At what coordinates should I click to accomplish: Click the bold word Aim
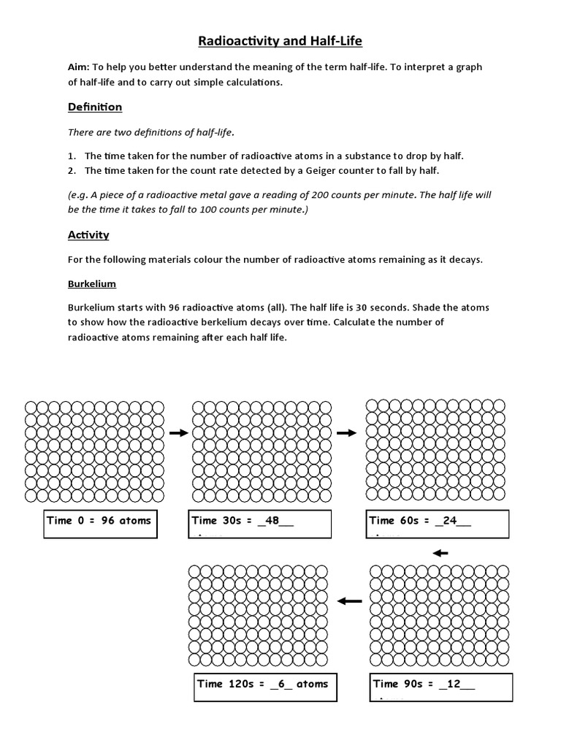(x=78, y=66)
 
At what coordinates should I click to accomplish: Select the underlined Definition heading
(x=95, y=107)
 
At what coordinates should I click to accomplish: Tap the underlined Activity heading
(x=88, y=234)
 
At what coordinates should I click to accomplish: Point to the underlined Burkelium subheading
(x=91, y=283)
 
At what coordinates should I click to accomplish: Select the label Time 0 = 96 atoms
(x=99, y=521)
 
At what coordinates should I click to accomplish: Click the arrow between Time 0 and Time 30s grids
(x=178, y=433)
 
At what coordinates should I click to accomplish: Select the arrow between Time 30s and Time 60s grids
(x=346, y=433)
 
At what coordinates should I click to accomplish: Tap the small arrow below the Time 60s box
(x=440, y=552)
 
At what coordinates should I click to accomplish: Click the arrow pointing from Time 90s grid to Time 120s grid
(x=350, y=600)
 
